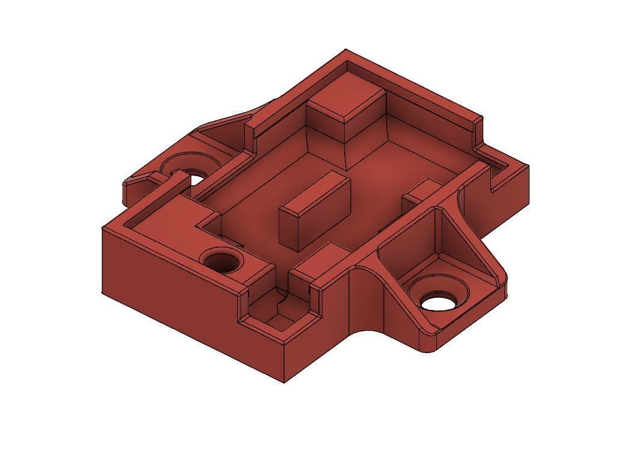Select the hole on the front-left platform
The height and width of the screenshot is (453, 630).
coord(221,262)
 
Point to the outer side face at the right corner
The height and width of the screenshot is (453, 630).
coord(511,193)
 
